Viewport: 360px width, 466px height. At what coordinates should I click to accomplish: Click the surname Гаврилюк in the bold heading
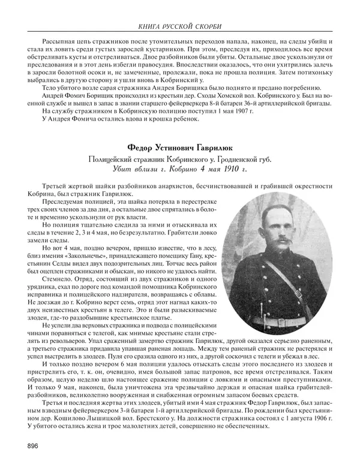tap(210, 148)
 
